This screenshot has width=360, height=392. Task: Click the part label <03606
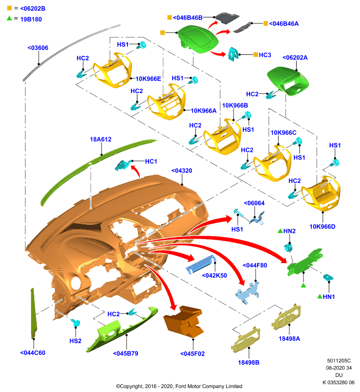point(38,48)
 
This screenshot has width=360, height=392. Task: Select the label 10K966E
point(148,79)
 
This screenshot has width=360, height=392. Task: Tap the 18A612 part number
point(101,139)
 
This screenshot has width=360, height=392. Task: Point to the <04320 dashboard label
point(181,171)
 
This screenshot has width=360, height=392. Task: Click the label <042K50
point(214,275)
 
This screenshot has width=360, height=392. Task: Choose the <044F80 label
point(255,265)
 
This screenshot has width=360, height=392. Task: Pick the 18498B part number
point(249,362)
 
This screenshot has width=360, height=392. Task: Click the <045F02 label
point(192,354)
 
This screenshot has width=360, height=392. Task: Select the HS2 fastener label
point(76,341)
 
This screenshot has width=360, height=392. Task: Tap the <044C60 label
point(33,353)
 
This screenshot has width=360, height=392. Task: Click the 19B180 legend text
point(31,19)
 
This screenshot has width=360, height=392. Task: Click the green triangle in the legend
point(9,18)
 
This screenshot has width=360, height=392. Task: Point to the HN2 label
point(289,231)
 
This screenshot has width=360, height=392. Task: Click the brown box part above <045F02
point(183,321)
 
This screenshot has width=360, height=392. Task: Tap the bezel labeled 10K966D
point(321,193)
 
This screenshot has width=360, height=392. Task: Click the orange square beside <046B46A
point(266,23)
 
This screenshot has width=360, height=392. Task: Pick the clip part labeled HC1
point(123,165)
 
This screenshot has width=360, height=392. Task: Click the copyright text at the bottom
point(179,386)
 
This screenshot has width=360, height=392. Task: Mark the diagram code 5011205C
point(339,361)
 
